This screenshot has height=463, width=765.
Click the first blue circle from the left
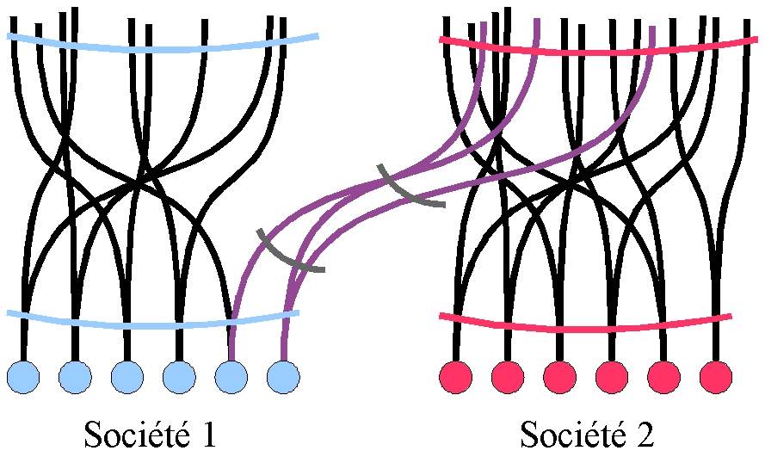[23, 376]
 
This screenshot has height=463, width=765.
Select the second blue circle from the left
[75, 376]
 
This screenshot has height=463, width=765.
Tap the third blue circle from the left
[127, 376]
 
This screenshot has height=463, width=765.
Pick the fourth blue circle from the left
[179, 376]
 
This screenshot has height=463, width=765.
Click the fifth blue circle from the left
[231, 376]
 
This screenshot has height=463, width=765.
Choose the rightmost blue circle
[283, 376]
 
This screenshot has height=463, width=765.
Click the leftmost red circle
[456, 376]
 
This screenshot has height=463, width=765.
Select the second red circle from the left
[508, 376]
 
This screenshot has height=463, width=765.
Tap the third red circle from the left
[560, 376]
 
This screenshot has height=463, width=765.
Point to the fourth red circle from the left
[612, 376]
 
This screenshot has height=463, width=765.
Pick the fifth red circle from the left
[663, 376]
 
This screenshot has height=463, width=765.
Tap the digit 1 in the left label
[206, 435]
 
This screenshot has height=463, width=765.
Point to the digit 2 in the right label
[645, 435]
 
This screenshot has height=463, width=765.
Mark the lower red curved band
[585, 328]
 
